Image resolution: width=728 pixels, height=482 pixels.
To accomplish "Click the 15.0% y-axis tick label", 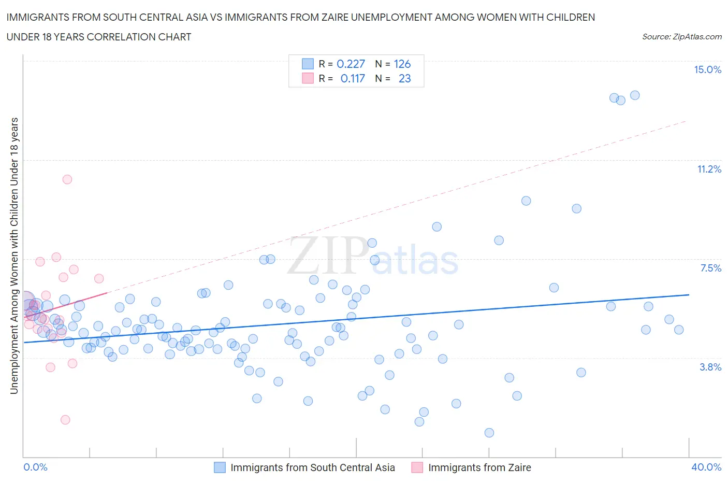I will pos(707,70).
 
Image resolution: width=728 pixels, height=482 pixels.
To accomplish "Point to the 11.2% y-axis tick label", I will pos(709,169).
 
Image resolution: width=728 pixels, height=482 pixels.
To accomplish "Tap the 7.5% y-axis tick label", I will pos(710,268).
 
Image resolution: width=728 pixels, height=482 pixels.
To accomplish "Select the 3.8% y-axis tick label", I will pos(710,367).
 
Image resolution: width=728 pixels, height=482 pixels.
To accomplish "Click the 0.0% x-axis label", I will pos(35,467).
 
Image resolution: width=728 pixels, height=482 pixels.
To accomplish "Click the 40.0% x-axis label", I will pos(706,467).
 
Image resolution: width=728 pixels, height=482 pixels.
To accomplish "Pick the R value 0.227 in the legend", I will pos(351,64).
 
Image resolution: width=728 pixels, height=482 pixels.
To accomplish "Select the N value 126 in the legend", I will pos(402,64).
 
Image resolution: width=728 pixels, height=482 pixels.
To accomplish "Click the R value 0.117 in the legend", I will pos(353,78).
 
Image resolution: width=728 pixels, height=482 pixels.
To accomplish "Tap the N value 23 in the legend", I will pos(404,78).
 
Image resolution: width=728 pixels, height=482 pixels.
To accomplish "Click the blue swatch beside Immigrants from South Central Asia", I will pos(220,467).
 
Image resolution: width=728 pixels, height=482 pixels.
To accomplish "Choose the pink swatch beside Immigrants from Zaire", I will pos(417,467).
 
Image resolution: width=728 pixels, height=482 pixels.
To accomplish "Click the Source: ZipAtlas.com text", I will pos(681,36).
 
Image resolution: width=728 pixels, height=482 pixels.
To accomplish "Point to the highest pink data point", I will pos(67,179).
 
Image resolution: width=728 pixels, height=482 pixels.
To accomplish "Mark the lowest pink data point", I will pos(65,420).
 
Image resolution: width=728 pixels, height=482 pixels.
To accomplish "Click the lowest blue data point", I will pos(489,433).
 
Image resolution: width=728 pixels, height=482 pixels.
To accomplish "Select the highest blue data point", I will pos(635,95).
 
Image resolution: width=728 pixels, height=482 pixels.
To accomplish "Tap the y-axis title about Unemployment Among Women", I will pos(14,256).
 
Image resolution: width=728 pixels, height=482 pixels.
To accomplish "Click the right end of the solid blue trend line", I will pos(689,294).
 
